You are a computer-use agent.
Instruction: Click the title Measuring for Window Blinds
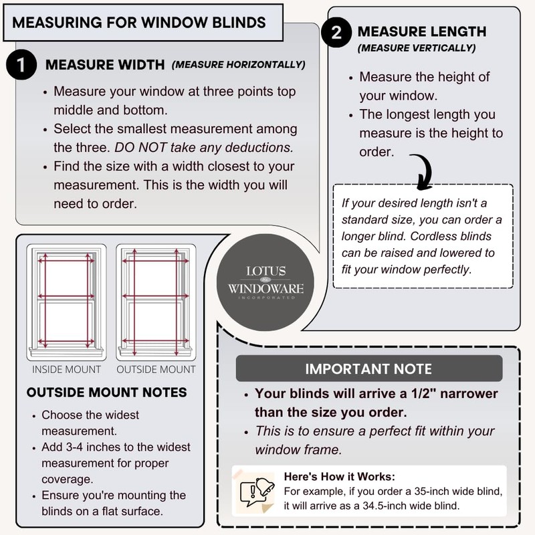coord(139,21)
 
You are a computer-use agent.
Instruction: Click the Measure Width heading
coord(105,66)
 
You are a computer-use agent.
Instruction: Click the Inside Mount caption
coord(66,369)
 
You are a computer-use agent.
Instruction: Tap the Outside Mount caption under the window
coord(156,369)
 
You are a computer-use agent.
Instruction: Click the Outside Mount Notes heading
coord(106,392)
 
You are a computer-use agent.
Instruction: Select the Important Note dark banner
coord(368,369)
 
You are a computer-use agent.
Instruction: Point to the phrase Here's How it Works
coord(340,477)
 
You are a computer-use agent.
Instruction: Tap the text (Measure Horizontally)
coord(239,65)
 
